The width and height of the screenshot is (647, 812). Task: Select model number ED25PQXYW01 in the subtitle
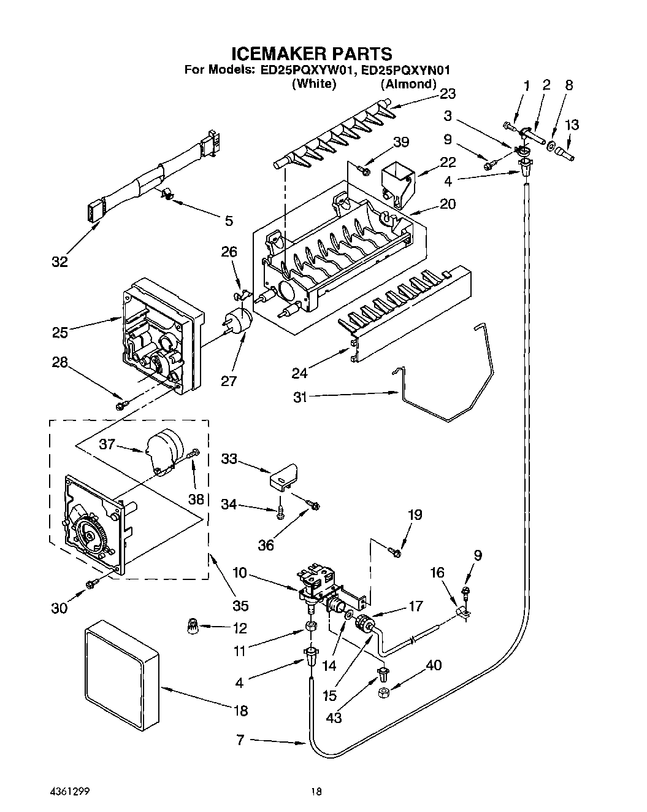305,70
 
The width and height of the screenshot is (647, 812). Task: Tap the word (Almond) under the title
408,84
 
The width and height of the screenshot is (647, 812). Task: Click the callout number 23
448,93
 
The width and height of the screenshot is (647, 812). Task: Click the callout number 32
59,261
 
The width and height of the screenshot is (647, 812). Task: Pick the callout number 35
240,605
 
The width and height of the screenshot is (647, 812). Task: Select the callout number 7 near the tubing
240,740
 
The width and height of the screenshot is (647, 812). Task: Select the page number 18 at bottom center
316,792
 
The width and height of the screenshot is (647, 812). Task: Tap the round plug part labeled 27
238,323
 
